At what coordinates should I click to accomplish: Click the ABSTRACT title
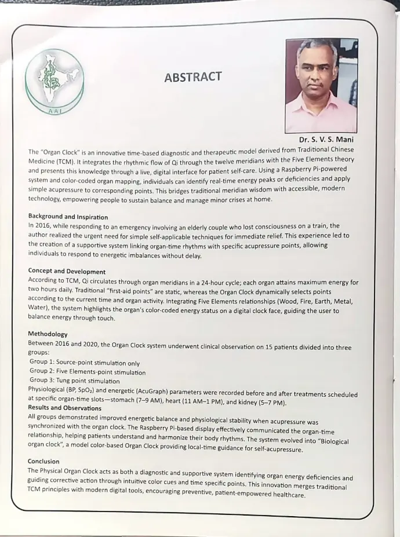tap(192, 77)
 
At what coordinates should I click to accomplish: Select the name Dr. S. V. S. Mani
tap(326, 140)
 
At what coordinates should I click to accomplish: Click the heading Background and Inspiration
tap(68, 217)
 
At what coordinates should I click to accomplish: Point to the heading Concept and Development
tap(67, 271)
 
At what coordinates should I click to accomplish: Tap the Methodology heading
tap(48, 334)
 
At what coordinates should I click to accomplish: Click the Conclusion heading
tap(43, 462)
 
